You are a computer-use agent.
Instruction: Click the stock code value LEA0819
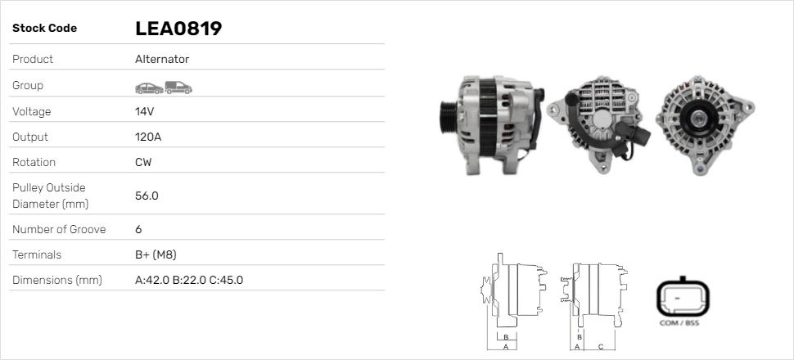(178, 29)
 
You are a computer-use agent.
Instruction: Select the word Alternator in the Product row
(162, 59)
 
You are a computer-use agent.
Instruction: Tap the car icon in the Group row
(149, 88)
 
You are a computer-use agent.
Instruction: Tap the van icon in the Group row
(178, 88)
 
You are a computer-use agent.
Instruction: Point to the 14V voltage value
(144, 111)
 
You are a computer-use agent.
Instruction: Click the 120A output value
(148, 137)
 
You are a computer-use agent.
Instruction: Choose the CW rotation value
(143, 163)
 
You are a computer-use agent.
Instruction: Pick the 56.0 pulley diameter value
(147, 196)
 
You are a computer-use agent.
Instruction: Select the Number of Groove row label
(59, 229)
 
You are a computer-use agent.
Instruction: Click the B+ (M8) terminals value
(156, 254)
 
